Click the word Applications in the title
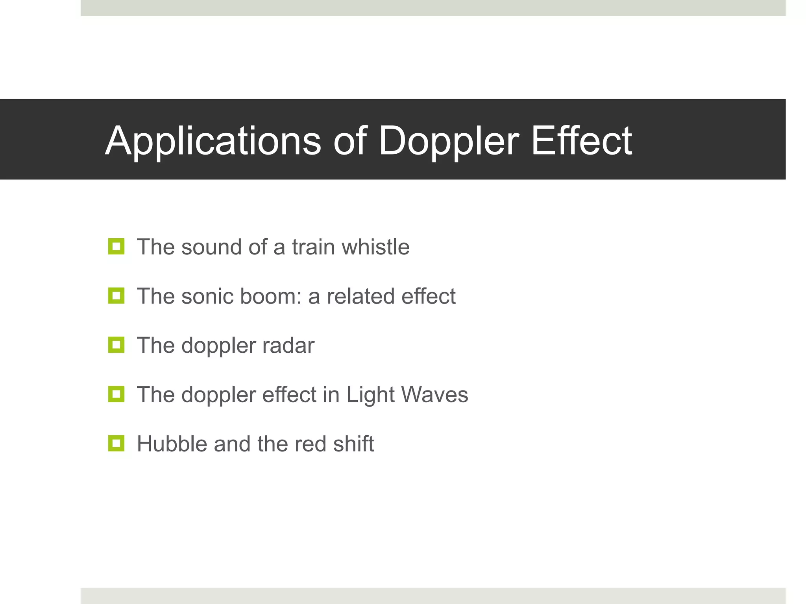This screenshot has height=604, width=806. (x=213, y=141)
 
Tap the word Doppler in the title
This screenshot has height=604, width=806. (x=449, y=141)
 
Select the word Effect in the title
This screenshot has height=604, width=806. (x=581, y=141)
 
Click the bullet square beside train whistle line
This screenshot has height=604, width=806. (x=116, y=247)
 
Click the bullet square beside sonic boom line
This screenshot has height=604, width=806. (x=116, y=296)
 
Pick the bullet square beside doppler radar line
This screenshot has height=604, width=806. (x=116, y=345)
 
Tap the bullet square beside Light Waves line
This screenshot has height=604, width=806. (x=116, y=394)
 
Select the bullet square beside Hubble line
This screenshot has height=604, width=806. (x=116, y=443)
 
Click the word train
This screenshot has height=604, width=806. (x=313, y=247)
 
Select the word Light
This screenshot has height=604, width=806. (x=370, y=395)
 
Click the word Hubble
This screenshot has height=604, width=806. (x=172, y=444)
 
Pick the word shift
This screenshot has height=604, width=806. (x=353, y=444)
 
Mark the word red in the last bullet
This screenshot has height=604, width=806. (x=311, y=444)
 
